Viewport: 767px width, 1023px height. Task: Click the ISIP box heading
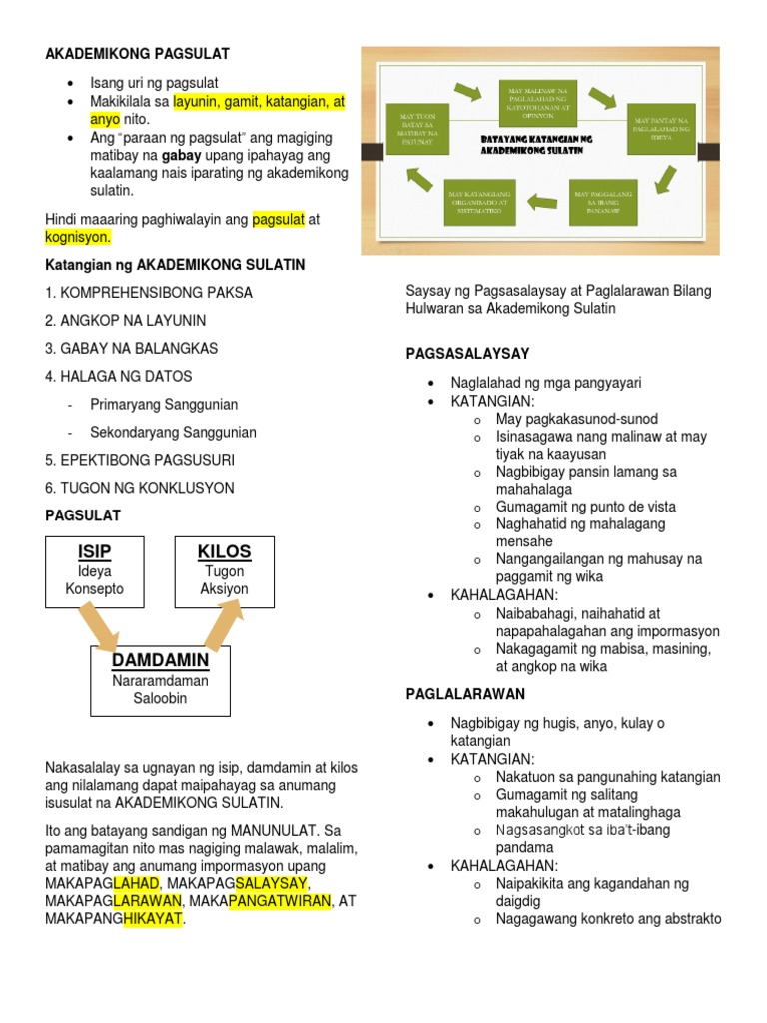click(x=94, y=552)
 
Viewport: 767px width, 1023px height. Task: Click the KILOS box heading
click(x=224, y=552)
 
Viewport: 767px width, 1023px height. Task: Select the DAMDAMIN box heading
click(x=160, y=661)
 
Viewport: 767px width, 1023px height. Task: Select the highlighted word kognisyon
click(x=78, y=237)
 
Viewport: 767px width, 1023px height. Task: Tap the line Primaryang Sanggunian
click(x=164, y=405)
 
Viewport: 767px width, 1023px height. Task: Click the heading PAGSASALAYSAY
click(x=467, y=354)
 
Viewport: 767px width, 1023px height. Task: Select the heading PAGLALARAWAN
click(x=465, y=694)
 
